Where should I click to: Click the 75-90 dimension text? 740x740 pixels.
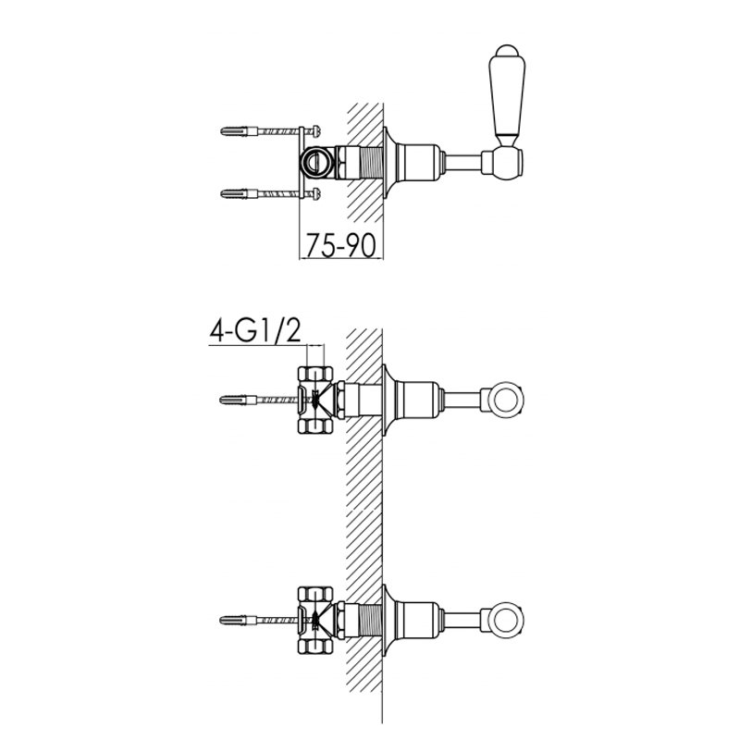pos(341,245)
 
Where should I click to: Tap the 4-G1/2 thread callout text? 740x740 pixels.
pos(255,331)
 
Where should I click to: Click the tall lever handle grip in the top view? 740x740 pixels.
pos(507,97)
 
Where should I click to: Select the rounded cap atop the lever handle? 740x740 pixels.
pos(505,51)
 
